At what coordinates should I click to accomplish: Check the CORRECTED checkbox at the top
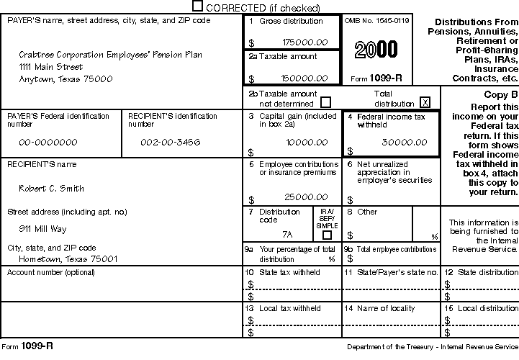pos(198,6)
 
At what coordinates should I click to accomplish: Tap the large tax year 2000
pos(376,49)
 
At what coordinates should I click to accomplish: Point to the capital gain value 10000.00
pos(307,142)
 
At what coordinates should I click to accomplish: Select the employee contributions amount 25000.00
pos(307,197)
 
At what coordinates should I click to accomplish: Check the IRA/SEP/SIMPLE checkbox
pos(327,235)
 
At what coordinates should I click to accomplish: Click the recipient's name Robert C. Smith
pos(51,189)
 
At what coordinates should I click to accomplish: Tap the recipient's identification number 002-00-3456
pos(169,142)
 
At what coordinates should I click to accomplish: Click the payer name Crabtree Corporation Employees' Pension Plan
pos(110,55)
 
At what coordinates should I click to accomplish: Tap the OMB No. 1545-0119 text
pos(377,21)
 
